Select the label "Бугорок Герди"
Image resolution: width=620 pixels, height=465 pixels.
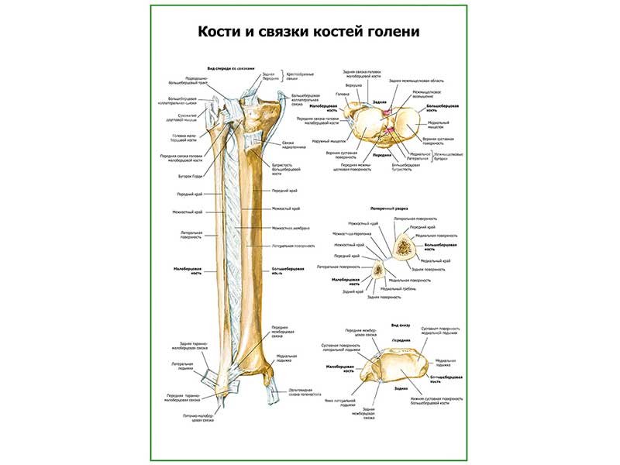[x=191, y=175]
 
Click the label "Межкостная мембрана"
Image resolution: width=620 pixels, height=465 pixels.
[x=291, y=228]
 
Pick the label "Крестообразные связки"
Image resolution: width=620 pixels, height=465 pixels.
[x=302, y=77]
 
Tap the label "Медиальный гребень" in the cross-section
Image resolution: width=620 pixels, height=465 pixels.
[x=404, y=288]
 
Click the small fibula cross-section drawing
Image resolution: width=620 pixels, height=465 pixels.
[x=378, y=270]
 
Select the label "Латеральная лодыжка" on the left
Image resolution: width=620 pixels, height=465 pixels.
[x=182, y=365]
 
